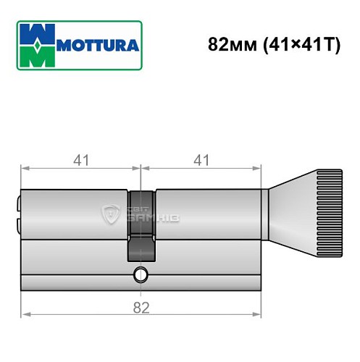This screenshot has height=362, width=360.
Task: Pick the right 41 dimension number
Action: [x=200, y=161]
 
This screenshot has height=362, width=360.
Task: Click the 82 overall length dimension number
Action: [x=141, y=308]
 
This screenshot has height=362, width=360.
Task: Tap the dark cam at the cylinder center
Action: [x=141, y=224]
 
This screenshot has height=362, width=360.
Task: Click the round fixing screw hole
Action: [x=141, y=275]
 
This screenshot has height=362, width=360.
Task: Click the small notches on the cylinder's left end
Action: [x=20, y=214]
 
